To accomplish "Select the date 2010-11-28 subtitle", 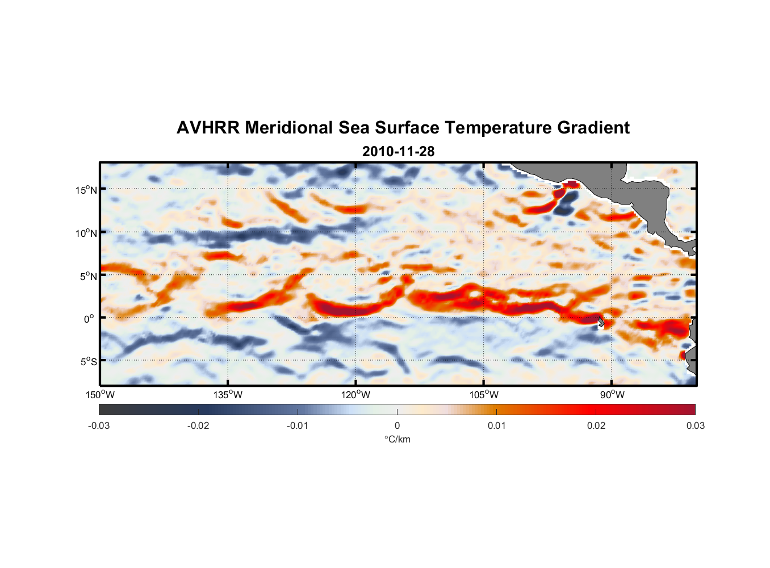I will point(398,152).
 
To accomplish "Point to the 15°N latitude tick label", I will point(86,190).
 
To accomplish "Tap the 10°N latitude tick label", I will point(86,233).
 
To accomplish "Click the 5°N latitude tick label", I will point(88,276).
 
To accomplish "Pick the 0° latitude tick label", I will point(90,319).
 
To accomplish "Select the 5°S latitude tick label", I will point(88,361).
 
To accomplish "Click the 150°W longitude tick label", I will point(100,395).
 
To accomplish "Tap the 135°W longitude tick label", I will point(228,395).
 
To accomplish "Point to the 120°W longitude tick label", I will point(356,395).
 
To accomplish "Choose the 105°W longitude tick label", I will point(484,395).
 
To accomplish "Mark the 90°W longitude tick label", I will point(612,395).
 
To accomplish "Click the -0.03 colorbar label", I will point(99,425).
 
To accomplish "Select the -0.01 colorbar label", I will point(298,425).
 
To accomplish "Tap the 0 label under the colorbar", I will point(397,425).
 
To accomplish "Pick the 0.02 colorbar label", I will point(596,425).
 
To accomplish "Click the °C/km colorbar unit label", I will point(397,439).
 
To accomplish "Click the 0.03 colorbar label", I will point(695,425).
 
